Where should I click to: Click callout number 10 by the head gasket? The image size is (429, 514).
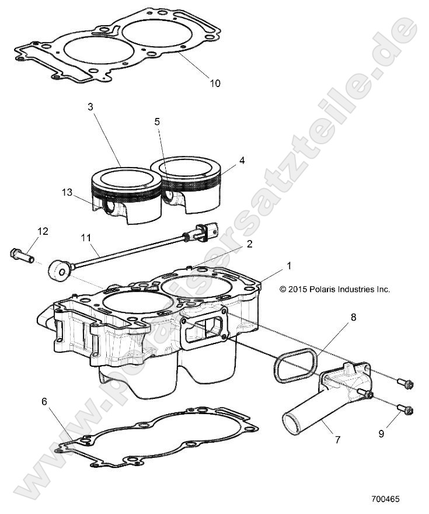coord(215,84)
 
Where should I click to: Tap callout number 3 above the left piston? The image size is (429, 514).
coord(90,107)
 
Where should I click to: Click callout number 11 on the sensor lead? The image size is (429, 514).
coord(103,238)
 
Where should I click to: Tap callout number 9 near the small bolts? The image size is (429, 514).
coord(398,434)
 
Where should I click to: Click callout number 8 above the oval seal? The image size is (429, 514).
coord(353,318)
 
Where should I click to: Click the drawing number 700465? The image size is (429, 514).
coord(385,500)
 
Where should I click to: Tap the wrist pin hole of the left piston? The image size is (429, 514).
coord(109,206)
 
